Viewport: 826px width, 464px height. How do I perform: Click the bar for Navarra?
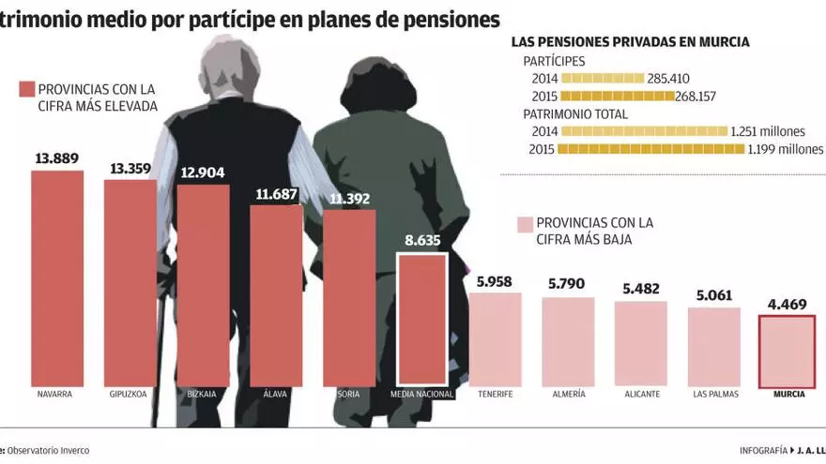click(57, 278)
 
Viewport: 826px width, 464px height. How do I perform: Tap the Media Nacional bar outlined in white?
click(422, 320)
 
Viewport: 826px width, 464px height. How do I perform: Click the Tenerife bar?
click(495, 338)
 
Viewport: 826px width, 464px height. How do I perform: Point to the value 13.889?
click(56, 159)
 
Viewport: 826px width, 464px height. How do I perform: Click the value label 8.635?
click(422, 241)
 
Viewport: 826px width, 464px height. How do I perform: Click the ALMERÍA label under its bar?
click(568, 394)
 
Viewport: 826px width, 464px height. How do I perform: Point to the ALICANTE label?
click(642, 394)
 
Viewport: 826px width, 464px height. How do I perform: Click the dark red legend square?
click(26, 90)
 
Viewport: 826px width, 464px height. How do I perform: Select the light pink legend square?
click(524, 224)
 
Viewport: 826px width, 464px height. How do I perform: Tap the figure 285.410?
click(667, 79)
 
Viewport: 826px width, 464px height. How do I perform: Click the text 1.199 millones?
click(786, 149)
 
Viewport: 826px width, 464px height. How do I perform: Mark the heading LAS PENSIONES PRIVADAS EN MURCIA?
click(630, 42)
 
